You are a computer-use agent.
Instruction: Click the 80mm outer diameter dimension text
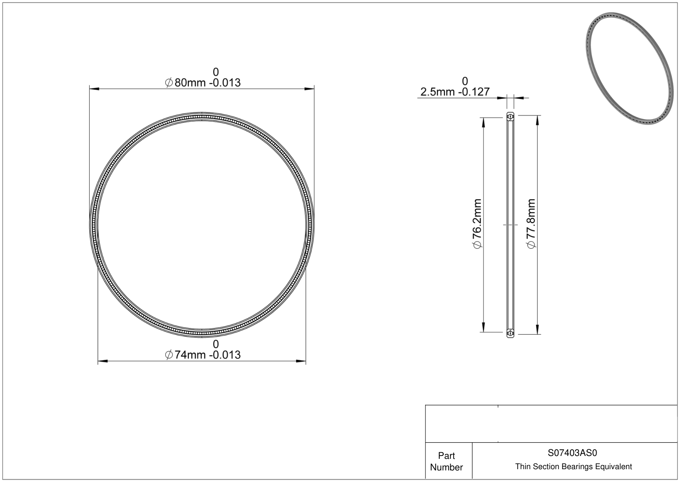click(202, 82)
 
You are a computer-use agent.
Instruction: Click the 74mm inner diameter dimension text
click(202, 355)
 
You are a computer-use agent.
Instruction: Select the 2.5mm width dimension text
click(455, 91)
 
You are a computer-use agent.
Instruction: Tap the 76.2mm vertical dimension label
click(477, 223)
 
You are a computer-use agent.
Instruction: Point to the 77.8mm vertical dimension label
click(531, 223)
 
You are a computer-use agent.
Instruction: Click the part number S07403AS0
click(572, 453)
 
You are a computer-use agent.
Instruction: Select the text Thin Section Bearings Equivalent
click(573, 467)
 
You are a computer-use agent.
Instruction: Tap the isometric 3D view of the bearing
click(629, 68)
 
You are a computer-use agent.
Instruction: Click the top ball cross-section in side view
click(510, 117)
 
